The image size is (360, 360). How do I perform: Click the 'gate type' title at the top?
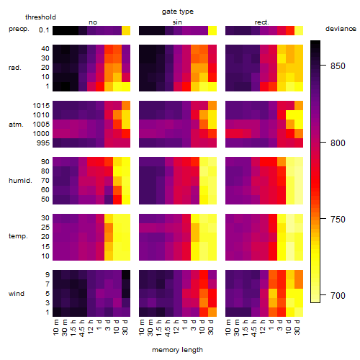pyautogui.click(x=178, y=12)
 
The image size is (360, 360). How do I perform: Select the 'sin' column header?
pyautogui.click(x=177, y=22)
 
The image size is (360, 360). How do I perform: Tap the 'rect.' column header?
pyautogui.click(x=262, y=22)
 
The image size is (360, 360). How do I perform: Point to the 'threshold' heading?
pyautogui.click(x=40, y=17)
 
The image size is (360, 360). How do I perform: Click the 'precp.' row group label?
pyautogui.click(x=19, y=29)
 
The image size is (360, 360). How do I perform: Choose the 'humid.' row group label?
pyautogui.click(x=20, y=180)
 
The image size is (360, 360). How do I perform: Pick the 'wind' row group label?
pyautogui.click(x=17, y=293)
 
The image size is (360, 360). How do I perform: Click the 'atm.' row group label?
pyautogui.click(x=16, y=125)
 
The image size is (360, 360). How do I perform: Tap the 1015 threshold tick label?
pyautogui.click(x=41, y=106)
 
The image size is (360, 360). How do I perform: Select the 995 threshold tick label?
pyautogui.click(x=43, y=143)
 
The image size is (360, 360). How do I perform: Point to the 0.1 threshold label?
pyautogui.click(x=44, y=30)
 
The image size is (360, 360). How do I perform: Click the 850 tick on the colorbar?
pyautogui.click(x=338, y=66)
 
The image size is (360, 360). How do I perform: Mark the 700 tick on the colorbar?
pyautogui.click(x=338, y=295)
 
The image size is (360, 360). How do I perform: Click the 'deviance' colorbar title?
pyautogui.click(x=341, y=29)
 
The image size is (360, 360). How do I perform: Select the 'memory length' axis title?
pyautogui.click(x=178, y=350)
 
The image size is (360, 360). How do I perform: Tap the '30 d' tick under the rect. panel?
pyautogui.click(x=297, y=327)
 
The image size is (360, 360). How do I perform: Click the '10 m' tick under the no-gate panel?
pyautogui.click(x=55, y=328)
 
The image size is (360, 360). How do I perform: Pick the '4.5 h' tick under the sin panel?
pyautogui.click(x=168, y=328)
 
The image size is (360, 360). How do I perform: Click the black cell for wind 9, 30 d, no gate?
pyautogui.click(x=126, y=274)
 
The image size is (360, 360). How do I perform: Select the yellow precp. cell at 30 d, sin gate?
pyautogui.click(x=212, y=31)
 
